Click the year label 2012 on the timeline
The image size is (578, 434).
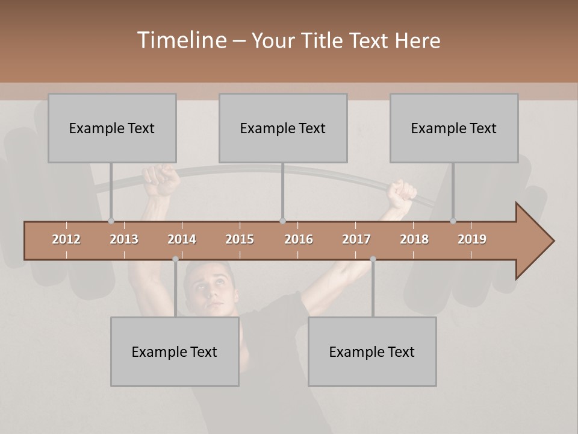(x=66, y=239)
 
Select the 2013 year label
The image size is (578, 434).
(x=124, y=239)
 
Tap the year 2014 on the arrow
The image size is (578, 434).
(x=182, y=239)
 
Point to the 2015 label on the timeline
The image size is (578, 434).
(x=240, y=239)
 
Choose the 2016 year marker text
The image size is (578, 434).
(x=299, y=239)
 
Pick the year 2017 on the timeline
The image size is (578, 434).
(x=356, y=239)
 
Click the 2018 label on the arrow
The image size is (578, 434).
(x=414, y=239)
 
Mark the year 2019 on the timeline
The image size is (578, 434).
(x=472, y=239)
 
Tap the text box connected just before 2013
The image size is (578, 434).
(x=112, y=128)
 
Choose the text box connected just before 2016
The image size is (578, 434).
(x=283, y=128)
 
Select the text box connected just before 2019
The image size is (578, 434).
(x=454, y=128)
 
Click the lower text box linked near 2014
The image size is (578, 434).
(x=175, y=351)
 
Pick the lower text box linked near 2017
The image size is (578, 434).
(x=372, y=351)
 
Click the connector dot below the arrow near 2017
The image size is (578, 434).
(x=373, y=259)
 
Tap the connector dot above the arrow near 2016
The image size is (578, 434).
(x=283, y=221)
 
